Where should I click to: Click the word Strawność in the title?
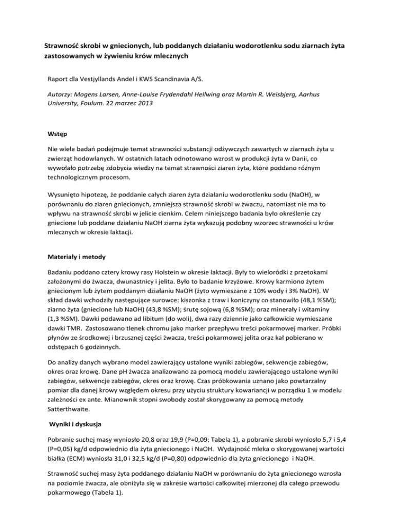tap(62, 47)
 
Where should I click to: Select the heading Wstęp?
tap(58, 134)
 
